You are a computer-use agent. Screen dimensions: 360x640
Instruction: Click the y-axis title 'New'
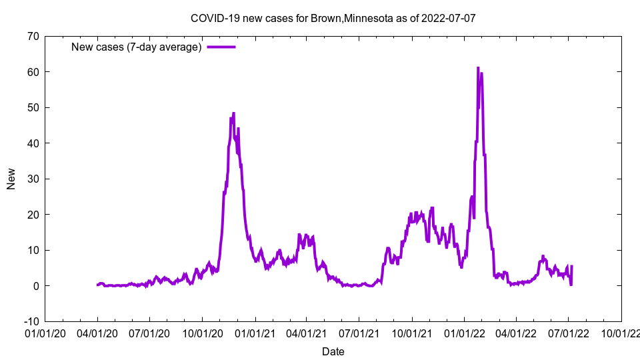point(11,179)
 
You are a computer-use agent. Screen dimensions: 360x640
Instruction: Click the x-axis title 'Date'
point(333,351)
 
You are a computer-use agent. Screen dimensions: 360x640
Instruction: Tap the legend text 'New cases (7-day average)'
point(137,47)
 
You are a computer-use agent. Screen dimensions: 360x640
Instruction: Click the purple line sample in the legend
point(221,47)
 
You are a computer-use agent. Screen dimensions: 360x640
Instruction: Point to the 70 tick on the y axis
point(32,36)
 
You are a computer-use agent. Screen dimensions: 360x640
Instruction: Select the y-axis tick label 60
point(32,72)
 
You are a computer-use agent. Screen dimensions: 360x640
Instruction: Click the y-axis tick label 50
point(32,107)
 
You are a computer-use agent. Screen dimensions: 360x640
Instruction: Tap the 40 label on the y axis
point(32,143)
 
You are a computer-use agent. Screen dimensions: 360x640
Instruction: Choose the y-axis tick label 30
point(32,179)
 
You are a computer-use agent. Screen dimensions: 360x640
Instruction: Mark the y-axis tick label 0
point(35,285)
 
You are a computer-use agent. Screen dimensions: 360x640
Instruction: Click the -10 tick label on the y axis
point(30,321)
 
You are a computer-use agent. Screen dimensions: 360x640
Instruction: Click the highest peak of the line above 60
point(478,68)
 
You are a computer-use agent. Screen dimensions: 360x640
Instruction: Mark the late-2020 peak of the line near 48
point(233,113)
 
